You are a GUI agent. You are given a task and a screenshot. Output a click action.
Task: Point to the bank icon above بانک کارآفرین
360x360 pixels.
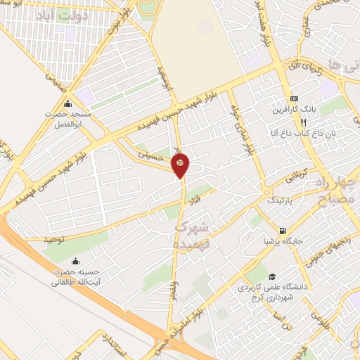coord(294,98)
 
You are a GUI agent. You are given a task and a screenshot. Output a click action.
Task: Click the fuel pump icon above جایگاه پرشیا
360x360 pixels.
coord(283,231)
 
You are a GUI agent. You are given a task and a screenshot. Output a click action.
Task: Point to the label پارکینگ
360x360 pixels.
coord(281,200)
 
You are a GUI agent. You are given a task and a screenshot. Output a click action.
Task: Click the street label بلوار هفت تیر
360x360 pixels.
coord(268,18)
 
